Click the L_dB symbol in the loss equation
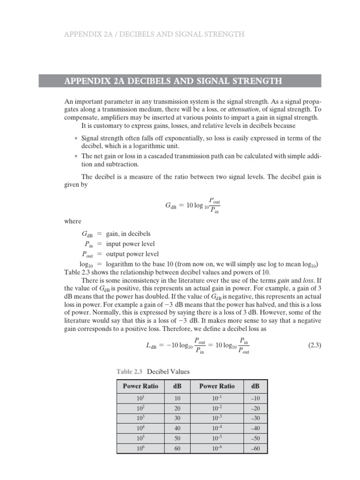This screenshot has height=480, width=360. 153,346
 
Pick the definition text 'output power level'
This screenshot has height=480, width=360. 132,254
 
